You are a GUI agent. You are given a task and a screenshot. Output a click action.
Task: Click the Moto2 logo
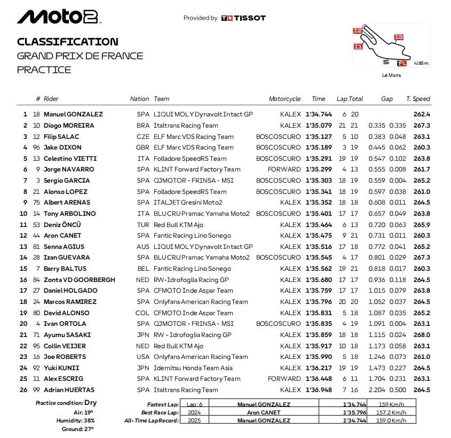(58, 17)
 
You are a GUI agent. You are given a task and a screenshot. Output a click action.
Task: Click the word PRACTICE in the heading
(44, 69)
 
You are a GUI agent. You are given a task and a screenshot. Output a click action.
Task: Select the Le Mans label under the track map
(391, 75)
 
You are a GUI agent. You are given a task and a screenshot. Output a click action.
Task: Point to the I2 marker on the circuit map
(357, 31)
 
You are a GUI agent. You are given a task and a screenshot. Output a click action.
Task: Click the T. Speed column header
(418, 99)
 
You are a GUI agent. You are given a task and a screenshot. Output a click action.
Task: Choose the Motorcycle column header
(284, 99)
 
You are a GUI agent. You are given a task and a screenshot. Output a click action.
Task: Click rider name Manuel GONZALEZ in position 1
(73, 114)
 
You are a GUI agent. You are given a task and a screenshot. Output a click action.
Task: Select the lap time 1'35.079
(319, 126)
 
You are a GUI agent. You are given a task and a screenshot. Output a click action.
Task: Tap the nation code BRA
(143, 126)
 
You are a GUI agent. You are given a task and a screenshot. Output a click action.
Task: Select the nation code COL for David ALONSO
(143, 313)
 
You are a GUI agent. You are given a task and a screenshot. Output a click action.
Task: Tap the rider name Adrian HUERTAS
(69, 390)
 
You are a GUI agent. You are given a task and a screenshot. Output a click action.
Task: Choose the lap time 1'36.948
(319, 390)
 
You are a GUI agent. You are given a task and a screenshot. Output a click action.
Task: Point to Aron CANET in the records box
(264, 412)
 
